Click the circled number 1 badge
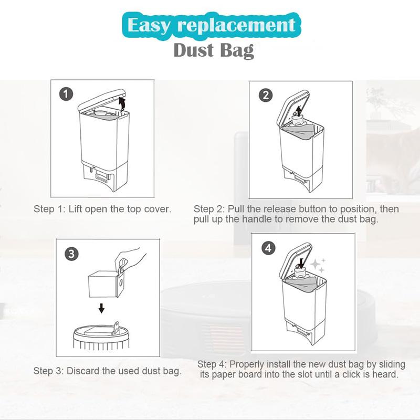(66, 94)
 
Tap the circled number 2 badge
(266, 95)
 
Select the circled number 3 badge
(71, 254)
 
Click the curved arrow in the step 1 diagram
(123, 102)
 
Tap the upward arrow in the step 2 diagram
(299, 110)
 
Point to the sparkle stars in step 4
(319, 264)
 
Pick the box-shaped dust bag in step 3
(103, 283)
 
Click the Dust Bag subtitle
(213, 51)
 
